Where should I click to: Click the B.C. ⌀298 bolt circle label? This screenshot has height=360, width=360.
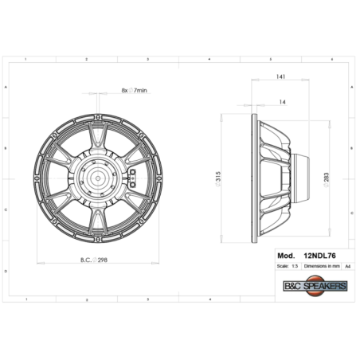[x=95, y=260]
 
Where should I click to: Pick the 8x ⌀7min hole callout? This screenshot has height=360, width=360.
[x=135, y=92]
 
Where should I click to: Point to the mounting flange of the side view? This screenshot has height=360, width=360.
[x=256, y=177]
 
